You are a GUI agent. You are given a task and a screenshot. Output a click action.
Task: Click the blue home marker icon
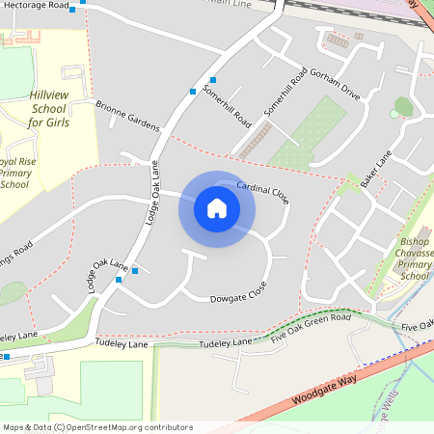coord(216,208)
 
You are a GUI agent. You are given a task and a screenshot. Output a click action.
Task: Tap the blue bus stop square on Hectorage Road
coord(83,1)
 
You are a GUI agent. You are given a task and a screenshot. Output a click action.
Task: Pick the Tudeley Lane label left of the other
coord(122,343)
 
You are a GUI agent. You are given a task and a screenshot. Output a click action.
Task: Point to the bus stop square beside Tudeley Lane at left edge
coord(6,357)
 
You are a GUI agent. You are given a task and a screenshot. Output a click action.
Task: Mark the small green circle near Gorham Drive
coord(393,114)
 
